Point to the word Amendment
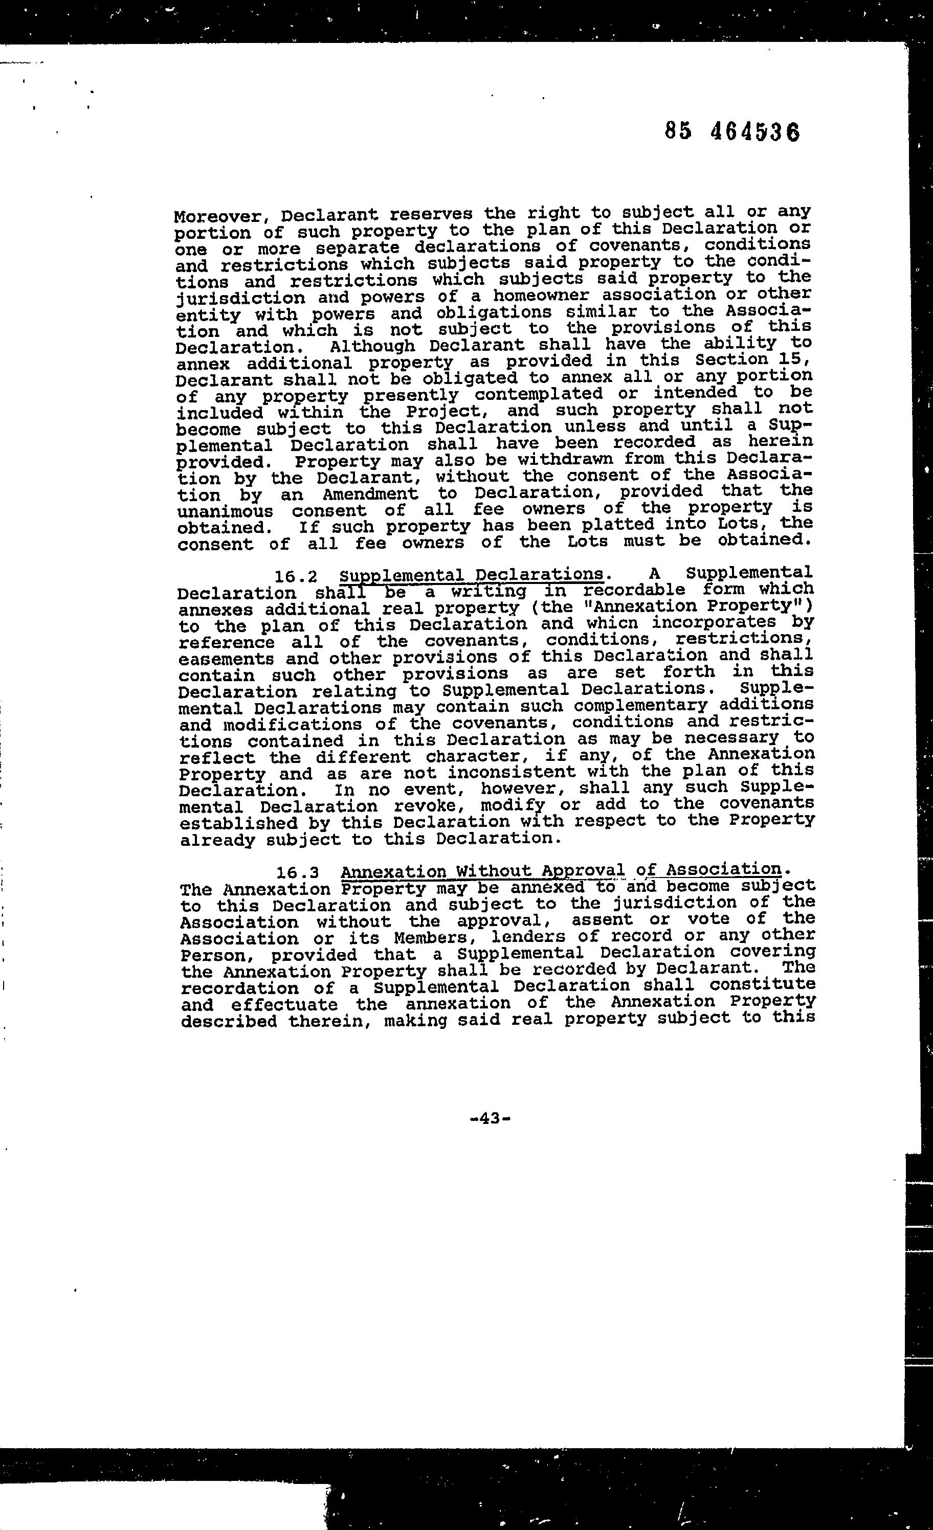(370, 494)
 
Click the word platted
(615, 525)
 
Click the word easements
(226, 658)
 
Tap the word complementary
(640, 706)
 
